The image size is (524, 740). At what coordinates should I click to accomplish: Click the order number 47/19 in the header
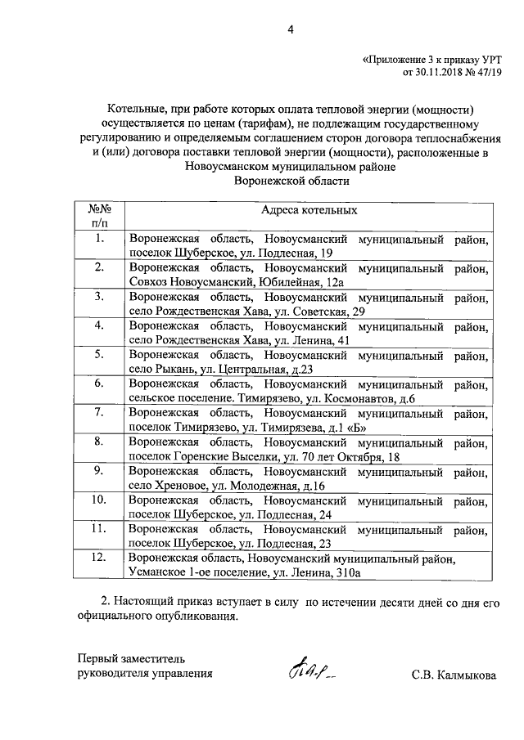[486, 73]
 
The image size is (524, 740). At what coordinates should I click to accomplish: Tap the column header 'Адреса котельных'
[309, 210]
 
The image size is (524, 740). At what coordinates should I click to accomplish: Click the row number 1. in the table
[99, 239]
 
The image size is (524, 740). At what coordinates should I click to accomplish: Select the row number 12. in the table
[99, 558]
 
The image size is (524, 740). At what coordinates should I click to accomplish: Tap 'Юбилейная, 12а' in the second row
[292, 282]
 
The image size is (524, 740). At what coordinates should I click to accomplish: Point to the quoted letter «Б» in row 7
[346, 427]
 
